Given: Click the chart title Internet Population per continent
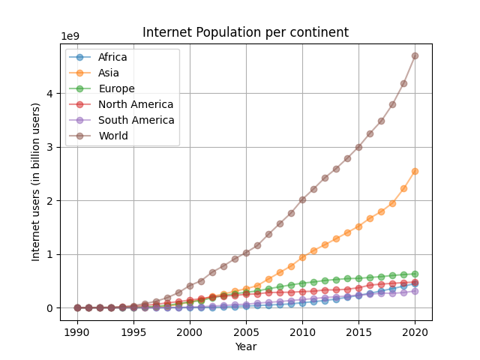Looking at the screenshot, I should coord(245,33).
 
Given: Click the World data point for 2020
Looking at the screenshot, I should coord(415,55).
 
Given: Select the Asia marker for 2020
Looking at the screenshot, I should coord(415,171).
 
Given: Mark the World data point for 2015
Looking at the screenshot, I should coord(358,147).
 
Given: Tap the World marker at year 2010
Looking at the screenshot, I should coord(302,199).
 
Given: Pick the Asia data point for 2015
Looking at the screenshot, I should coord(358,226).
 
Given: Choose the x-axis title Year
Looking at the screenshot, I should coord(245,346).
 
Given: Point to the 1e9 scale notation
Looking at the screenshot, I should coord(72,37).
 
